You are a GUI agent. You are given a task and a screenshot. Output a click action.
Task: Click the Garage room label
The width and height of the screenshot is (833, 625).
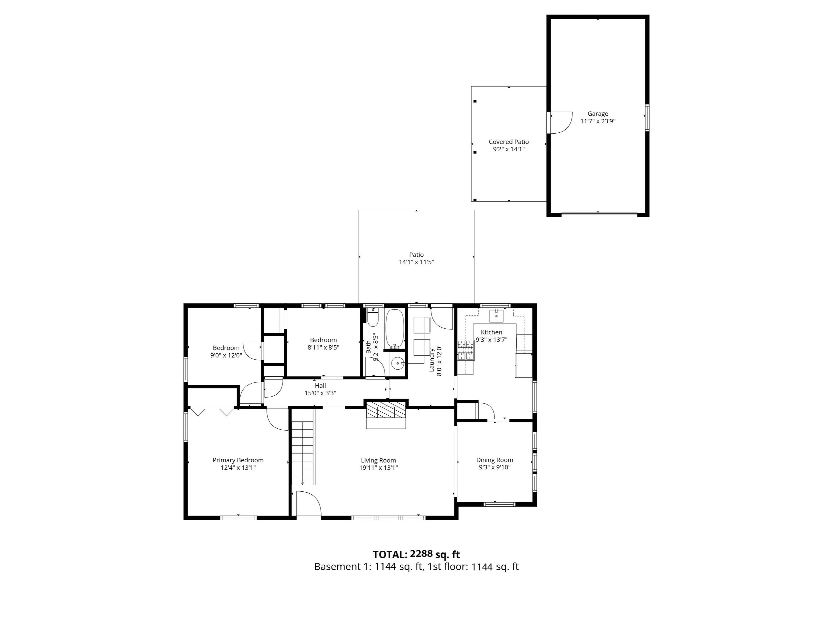click(x=598, y=113)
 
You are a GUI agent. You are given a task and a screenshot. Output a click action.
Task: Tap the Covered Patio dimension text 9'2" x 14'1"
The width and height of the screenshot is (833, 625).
click(x=509, y=149)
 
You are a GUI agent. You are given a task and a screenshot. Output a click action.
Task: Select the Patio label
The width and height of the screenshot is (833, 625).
click(x=416, y=255)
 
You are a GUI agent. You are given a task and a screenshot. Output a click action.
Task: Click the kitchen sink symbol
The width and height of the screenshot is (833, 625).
click(x=497, y=316)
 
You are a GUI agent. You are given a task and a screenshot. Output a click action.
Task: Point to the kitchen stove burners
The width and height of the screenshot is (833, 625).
click(x=466, y=350)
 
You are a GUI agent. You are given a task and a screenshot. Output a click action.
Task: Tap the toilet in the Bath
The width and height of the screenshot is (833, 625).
click(x=373, y=317)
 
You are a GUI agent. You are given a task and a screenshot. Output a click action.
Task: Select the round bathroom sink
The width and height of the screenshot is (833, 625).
click(x=397, y=364)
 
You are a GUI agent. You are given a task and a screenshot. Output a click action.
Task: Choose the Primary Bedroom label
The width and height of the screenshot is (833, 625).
click(x=238, y=460)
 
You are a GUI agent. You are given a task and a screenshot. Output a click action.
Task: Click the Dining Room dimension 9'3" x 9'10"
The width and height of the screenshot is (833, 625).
click(x=494, y=467)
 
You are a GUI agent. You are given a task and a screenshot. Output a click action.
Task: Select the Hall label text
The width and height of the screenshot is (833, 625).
click(x=321, y=385)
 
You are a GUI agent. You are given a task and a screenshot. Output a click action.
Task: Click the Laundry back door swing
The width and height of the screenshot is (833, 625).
click(x=442, y=319)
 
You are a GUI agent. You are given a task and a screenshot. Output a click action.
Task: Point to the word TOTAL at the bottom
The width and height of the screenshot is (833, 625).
click(x=390, y=555)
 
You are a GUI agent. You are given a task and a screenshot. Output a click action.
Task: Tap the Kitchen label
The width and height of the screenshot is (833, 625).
click(x=491, y=332)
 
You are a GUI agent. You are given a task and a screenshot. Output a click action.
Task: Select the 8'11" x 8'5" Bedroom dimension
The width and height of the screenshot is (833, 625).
click(x=324, y=347)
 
